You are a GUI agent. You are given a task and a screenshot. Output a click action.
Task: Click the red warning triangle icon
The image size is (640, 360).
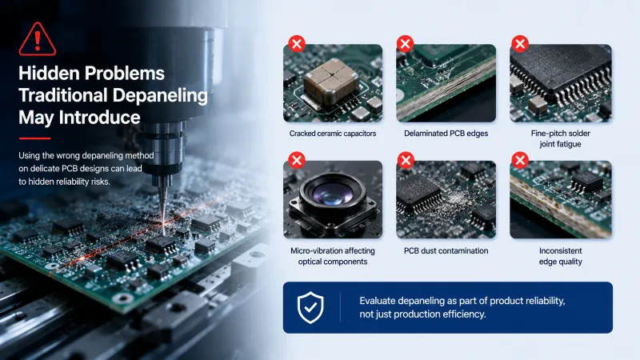37,39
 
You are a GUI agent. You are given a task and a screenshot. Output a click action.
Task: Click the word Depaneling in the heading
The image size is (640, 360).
160,95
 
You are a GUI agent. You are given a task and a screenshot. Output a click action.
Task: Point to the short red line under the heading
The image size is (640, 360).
34,138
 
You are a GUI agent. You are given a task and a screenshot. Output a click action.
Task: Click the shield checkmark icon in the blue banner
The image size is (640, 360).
310,307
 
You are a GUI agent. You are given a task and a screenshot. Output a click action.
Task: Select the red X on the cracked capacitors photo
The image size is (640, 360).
297,43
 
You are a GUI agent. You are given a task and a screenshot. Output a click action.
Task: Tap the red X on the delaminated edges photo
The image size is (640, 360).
406,43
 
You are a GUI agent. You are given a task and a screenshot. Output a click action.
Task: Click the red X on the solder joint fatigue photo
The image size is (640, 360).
520,43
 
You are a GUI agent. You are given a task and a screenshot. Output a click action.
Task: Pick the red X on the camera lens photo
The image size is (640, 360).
297,160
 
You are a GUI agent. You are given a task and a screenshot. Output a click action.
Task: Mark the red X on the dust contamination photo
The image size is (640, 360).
406,160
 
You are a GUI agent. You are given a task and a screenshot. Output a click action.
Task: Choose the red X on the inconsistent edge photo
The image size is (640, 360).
520,160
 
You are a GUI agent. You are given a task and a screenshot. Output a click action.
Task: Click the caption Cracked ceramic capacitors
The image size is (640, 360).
333,134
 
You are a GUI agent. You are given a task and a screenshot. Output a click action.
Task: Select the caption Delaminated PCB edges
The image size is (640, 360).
446,134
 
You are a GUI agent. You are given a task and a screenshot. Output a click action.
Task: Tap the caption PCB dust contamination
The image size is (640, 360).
446,250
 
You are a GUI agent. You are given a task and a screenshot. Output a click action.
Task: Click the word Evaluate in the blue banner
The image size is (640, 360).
377,301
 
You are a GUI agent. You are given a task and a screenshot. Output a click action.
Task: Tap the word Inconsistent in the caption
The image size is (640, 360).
561,250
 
